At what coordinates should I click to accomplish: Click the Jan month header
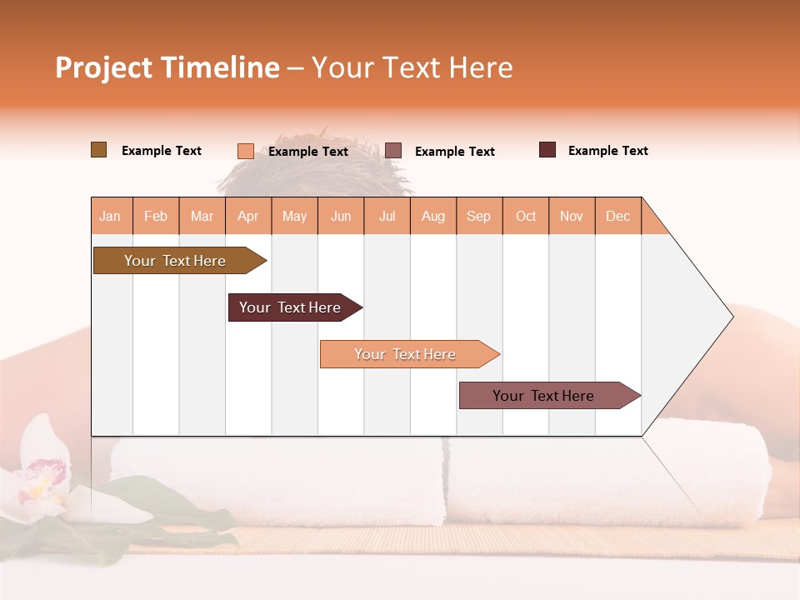[111, 216]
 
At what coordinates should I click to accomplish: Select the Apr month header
[248, 216]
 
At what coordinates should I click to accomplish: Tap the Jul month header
[387, 216]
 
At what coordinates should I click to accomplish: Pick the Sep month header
[478, 216]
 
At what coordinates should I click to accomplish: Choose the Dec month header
[617, 216]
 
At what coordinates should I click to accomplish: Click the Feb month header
[156, 216]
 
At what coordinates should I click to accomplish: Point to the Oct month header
[526, 216]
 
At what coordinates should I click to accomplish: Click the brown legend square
[98, 150]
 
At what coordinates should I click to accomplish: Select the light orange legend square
[245, 151]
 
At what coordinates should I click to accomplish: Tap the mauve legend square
[393, 151]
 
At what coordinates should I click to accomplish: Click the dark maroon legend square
[547, 150]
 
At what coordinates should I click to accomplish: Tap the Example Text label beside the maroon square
[607, 151]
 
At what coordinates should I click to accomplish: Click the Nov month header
[572, 216]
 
